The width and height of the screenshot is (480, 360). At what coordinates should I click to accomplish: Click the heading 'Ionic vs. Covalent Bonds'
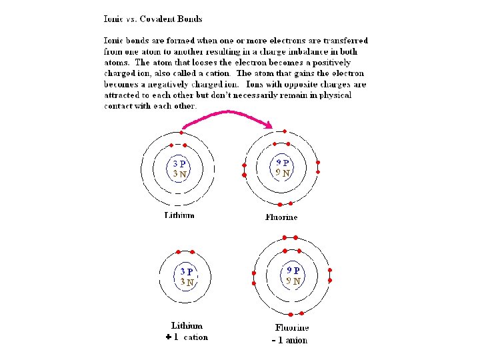(x=153, y=19)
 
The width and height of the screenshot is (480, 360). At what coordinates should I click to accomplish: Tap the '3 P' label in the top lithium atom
(x=179, y=162)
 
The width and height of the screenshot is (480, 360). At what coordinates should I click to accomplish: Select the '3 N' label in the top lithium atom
(x=179, y=173)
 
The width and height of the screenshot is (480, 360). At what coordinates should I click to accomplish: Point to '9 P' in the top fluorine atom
(x=283, y=162)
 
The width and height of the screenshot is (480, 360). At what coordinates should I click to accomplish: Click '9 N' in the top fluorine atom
(x=283, y=173)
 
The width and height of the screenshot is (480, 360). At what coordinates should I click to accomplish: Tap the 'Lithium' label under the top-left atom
(x=179, y=215)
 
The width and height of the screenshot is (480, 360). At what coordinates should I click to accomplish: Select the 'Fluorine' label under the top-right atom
(x=281, y=217)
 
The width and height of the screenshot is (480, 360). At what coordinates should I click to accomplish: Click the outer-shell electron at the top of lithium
(x=181, y=132)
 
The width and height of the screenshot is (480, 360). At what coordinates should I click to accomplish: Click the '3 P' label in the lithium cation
(x=187, y=271)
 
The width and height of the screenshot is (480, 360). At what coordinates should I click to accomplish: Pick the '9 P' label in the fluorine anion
(x=293, y=271)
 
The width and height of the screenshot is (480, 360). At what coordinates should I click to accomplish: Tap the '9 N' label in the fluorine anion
(x=293, y=281)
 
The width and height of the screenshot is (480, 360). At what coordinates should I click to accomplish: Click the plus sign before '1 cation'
(x=169, y=337)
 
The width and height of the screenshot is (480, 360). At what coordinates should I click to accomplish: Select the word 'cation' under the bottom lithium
(x=196, y=337)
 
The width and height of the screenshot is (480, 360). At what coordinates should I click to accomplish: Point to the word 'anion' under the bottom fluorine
(x=297, y=340)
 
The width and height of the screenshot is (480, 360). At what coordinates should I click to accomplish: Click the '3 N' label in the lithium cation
(x=187, y=282)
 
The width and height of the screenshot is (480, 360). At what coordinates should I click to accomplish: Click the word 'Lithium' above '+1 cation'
(x=187, y=326)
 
